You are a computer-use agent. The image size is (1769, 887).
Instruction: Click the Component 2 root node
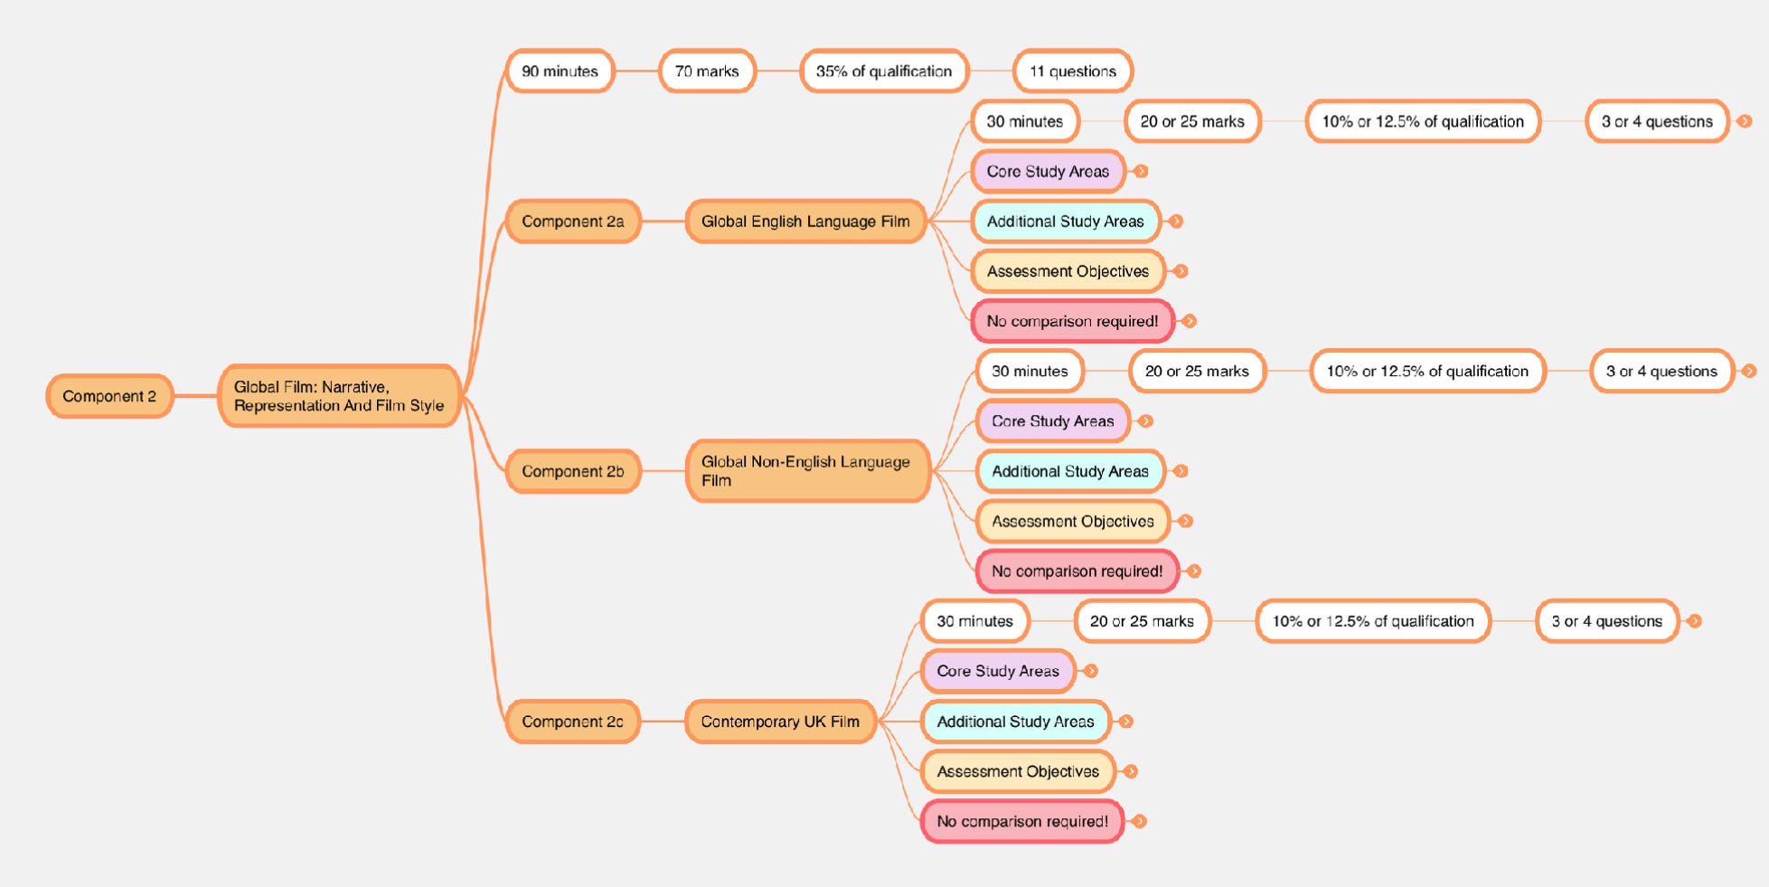(109, 396)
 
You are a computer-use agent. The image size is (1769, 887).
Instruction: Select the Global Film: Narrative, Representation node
(339, 396)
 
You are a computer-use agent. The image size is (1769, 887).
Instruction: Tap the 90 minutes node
(560, 71)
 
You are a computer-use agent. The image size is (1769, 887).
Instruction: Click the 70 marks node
(707, 71)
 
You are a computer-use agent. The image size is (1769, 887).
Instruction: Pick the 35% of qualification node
(883, 71)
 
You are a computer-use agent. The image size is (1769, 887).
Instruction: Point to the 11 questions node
(1072, 71)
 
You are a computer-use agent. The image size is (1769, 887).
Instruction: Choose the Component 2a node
(572, 222)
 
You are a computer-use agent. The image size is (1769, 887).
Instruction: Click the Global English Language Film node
(805, 222)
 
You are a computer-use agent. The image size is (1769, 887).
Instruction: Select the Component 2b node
(572, 471)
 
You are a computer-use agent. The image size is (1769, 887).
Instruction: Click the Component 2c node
(572, 722)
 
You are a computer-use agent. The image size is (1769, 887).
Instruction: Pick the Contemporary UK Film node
(780, 722)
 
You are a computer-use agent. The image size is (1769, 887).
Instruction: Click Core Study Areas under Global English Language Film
(1048, 172)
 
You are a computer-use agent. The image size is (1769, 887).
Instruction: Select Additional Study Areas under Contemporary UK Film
(1015, 722)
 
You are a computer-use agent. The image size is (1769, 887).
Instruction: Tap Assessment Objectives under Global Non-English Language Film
(1072, 522)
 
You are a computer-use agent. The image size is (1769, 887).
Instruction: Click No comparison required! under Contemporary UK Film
(1021, 822)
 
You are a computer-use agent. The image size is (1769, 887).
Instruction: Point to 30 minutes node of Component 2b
(1030, 372)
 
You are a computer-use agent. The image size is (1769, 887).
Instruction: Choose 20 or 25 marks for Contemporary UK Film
(1142, 621)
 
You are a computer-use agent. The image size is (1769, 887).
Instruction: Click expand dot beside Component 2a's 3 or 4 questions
(1745, 121)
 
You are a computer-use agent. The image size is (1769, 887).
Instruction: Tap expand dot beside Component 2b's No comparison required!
(1194, 571)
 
